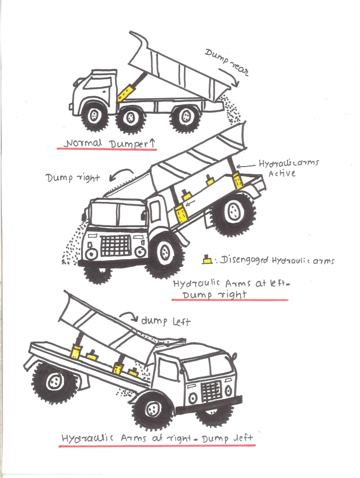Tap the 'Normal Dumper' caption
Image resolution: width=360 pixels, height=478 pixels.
coord(108,144)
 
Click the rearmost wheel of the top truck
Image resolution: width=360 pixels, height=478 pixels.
coord(185,117)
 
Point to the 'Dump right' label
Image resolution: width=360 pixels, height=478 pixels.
coord(72,177)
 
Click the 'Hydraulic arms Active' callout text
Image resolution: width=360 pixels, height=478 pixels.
coord(288,167)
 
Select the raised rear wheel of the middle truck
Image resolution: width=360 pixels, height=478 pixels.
coord(234,212)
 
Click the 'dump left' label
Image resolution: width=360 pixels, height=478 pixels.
coord(166,321)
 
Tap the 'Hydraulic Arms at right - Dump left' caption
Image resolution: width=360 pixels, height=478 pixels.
coord(157,438)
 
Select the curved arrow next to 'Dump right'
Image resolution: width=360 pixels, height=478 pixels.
coord(123,173)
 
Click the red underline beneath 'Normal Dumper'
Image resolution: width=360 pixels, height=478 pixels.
coord(108,150)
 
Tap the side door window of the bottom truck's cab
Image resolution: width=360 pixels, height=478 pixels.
coord(170,370)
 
